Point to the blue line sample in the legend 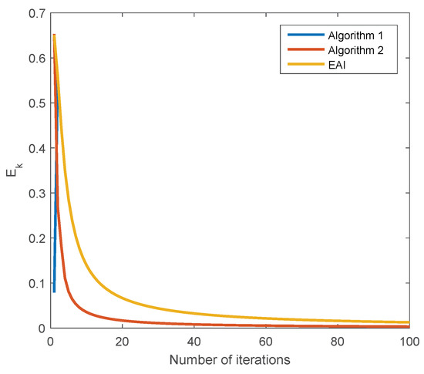tap(301, 36)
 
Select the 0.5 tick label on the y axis tap(35, 103)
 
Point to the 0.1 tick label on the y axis tap(35, 283)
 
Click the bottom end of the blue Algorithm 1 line tap(54, 291)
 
